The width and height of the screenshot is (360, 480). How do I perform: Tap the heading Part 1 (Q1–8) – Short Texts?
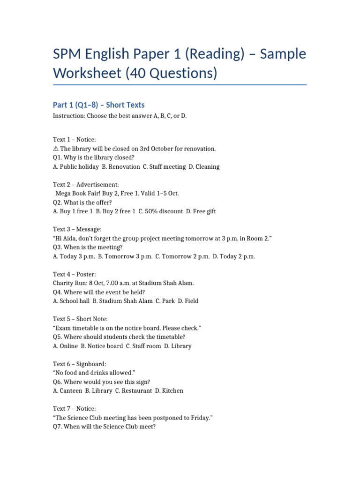(98, 105)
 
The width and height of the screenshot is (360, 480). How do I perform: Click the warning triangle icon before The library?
(56, 149)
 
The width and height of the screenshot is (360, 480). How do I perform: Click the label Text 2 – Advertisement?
(86, 185)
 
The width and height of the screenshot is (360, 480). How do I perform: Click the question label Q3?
(58, 247)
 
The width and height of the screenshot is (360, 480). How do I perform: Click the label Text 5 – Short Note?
(80, 319)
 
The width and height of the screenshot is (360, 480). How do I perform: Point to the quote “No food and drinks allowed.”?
(94, 373)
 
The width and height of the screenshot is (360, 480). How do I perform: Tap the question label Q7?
(58, 427)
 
